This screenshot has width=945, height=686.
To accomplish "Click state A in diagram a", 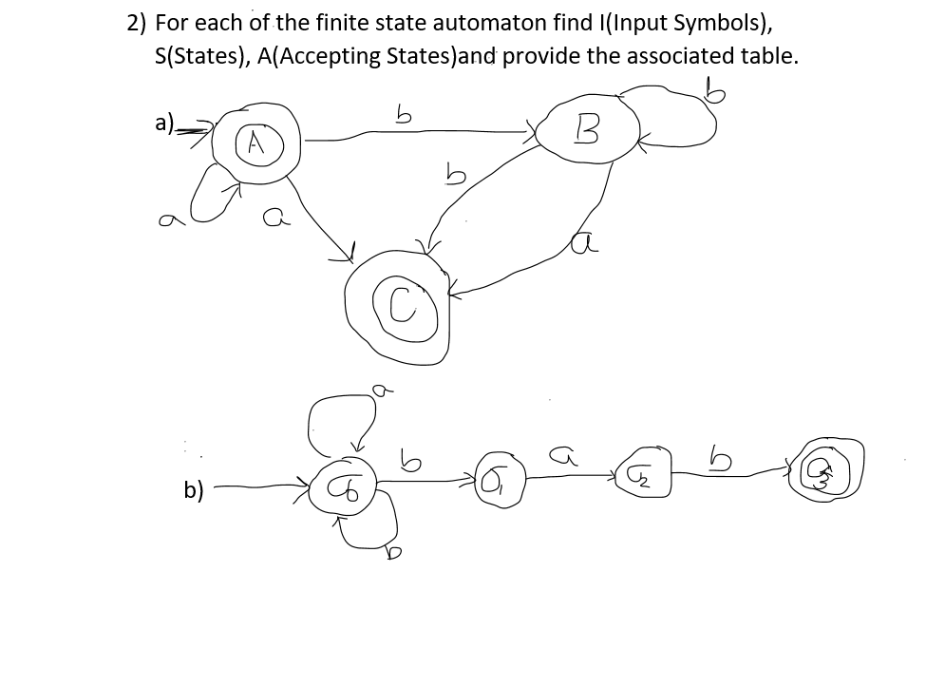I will tap(254, 143).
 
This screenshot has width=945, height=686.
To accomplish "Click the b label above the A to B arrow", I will tap(403, 117).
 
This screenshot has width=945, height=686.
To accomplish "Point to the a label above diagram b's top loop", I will tap(378, 389).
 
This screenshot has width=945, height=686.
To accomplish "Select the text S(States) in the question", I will tap(196, 55).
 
